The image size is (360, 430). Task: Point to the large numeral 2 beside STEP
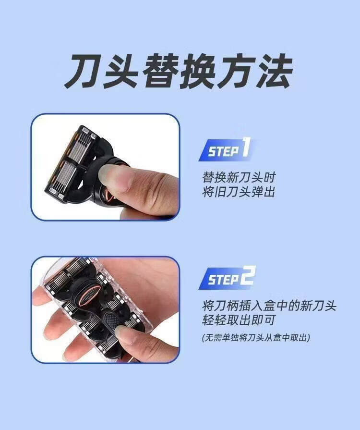tap(248, 276)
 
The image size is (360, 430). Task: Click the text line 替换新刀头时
tap(239, 177)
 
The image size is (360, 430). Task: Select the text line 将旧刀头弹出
tap(239, 192)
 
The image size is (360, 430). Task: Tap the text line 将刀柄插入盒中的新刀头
tap(269, 306)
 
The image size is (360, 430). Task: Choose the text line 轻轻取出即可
tap(239, 320)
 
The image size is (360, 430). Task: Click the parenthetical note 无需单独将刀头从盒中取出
tap(256, 338)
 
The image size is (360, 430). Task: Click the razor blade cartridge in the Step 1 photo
tap(73, 164)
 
